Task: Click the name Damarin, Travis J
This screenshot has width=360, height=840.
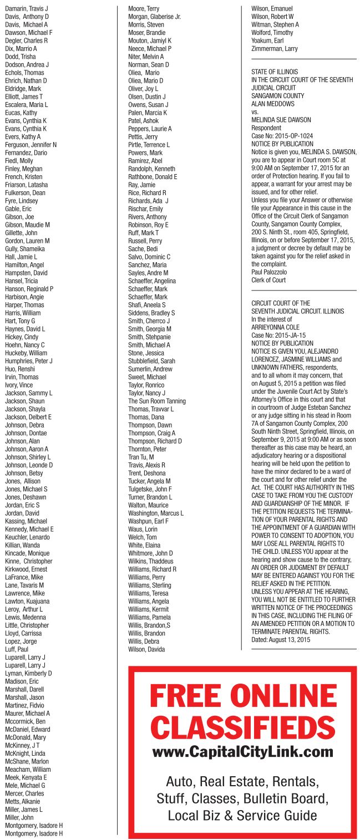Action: [x=27, y=9]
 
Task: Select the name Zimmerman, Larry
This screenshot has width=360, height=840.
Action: [x=275, y=49]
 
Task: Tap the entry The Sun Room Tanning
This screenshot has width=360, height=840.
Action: [x=157, y=401]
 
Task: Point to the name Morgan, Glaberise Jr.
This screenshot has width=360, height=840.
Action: [x=154, y=17]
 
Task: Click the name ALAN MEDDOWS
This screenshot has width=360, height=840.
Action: [x=273, y=104]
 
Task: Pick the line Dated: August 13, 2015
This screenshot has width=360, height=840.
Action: [x=281, y=639]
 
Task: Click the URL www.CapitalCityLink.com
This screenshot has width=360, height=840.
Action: [x=242, y=752]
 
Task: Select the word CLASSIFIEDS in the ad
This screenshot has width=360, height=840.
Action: [x=242, y=727]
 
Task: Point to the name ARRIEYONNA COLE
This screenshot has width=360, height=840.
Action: [x=276, y=327]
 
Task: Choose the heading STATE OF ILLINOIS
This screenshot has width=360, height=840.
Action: [x=275, y=72]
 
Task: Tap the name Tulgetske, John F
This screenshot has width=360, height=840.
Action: [x=150, y=488]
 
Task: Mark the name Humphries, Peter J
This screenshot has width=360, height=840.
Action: [x=29, y=361]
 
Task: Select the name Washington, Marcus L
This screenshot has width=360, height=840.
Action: [x=156, y=513]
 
